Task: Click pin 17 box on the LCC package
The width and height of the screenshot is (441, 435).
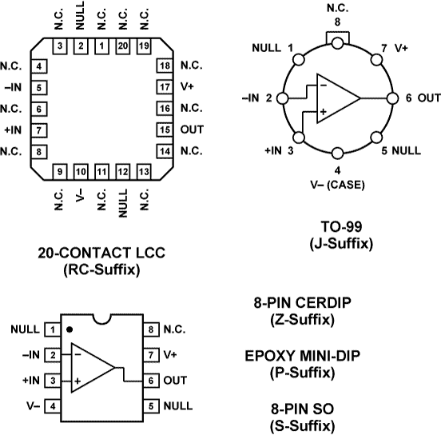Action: point(165,86)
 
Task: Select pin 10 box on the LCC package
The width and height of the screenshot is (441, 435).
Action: point(81,170)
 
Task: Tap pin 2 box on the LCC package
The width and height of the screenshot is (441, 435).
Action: point(81,46)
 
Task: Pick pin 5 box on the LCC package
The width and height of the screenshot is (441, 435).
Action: point(39,86)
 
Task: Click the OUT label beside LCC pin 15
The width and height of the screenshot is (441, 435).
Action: point(192,129)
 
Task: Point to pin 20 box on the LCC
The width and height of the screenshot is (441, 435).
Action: point(122,46)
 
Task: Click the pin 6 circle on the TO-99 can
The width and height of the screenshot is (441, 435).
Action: point(391,98)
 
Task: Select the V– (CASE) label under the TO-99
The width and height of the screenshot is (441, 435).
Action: point(338,183)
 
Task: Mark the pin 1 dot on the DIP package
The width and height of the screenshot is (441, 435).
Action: point(70,329)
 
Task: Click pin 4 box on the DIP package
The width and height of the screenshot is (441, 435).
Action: point(54,406)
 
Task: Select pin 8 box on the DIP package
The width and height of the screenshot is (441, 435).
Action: point(149,329)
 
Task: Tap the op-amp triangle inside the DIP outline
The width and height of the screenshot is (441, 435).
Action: point(93,368)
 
